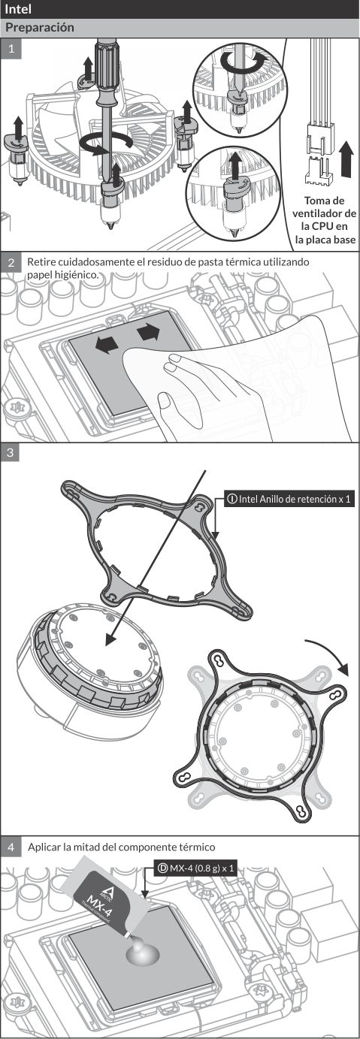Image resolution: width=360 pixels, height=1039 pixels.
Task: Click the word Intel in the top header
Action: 18,9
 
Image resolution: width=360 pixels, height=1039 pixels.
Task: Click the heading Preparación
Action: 39,27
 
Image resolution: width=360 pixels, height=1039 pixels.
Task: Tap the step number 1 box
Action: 11,48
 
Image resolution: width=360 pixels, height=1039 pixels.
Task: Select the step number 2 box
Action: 11,262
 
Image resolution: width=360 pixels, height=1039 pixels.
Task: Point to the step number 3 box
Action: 11,453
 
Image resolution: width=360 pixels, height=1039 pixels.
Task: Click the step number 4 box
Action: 11,847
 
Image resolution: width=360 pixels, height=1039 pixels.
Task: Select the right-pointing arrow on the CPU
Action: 148,332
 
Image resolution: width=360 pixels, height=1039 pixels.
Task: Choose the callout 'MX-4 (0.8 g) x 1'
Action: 195,868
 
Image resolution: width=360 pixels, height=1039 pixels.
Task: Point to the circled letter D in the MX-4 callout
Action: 162,868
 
